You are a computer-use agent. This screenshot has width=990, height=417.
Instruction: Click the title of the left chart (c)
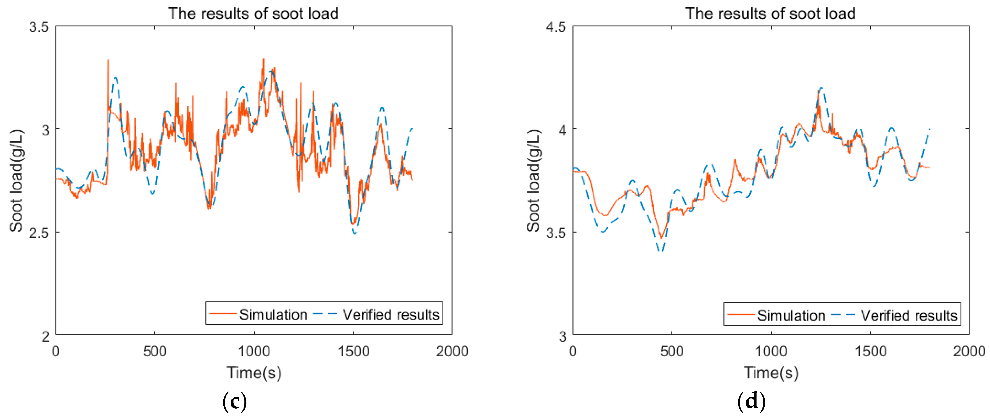(x=253, y=13)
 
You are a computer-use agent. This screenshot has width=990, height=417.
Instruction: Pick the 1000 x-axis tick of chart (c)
(x=254, y=351)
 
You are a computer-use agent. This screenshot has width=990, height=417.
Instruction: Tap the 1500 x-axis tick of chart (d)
(x=870, y=351)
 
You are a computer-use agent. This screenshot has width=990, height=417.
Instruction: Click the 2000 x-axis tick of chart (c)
(x=452, y=351)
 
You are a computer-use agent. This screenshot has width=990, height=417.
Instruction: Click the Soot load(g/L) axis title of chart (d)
(x=533, y=180)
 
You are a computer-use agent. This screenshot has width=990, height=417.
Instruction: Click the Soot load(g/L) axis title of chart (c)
(x=16, y=180)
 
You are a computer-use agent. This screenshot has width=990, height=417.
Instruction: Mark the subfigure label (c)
(x=234, y=401)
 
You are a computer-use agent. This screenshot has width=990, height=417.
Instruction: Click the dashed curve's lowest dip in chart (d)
(x=661, y=251)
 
